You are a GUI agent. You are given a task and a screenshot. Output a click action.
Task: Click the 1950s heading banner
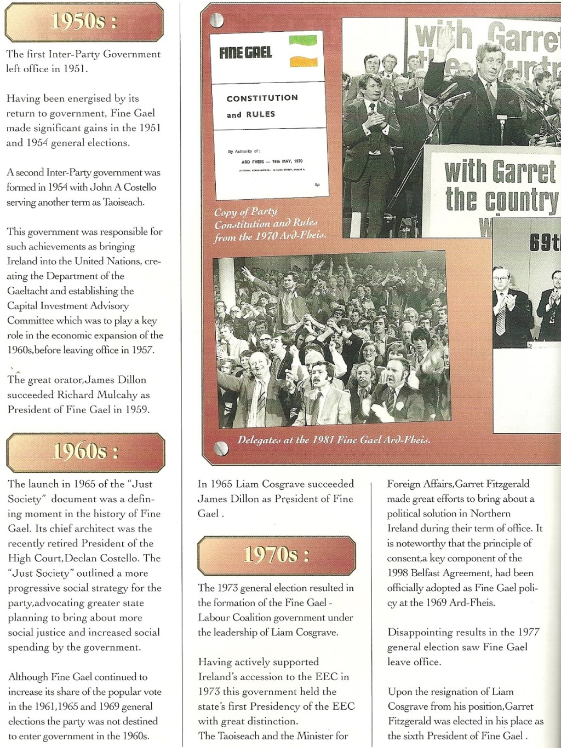pos(84,22)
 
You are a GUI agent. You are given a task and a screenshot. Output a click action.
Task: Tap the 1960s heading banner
pos(85,452)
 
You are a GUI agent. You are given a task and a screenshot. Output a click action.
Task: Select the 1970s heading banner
pos(276,555)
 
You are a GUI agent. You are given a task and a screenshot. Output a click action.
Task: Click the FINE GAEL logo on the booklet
pos(245,53)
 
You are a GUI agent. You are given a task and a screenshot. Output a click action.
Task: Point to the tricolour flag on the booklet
pos(303,50)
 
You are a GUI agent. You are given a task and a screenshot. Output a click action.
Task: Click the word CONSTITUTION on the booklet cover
pos(262,98)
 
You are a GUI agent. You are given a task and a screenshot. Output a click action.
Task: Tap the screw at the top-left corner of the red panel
pos(217,20)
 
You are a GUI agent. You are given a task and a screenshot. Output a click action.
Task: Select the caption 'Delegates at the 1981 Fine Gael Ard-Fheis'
pos(334,440)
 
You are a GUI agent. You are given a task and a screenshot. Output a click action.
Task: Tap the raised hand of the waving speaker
pos(445,38)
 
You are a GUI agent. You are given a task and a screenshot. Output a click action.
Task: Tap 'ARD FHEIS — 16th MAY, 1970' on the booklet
pos(272,162)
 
